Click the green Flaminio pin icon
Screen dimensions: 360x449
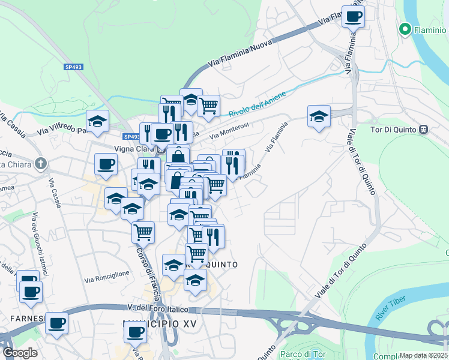pyautogui.click(x=405, y=29)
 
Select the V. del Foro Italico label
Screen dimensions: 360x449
pyautogui.click(x=158, y=309)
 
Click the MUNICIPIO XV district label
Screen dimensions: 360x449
pyautogui.click(x=160, y=324)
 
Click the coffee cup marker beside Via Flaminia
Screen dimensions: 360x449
pyautogui.click(x=353, y=16)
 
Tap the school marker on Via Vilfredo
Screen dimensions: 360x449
pyautogui.click(x=97, y=120)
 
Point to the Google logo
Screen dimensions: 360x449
pyautogui.click(x=20, y=353)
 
